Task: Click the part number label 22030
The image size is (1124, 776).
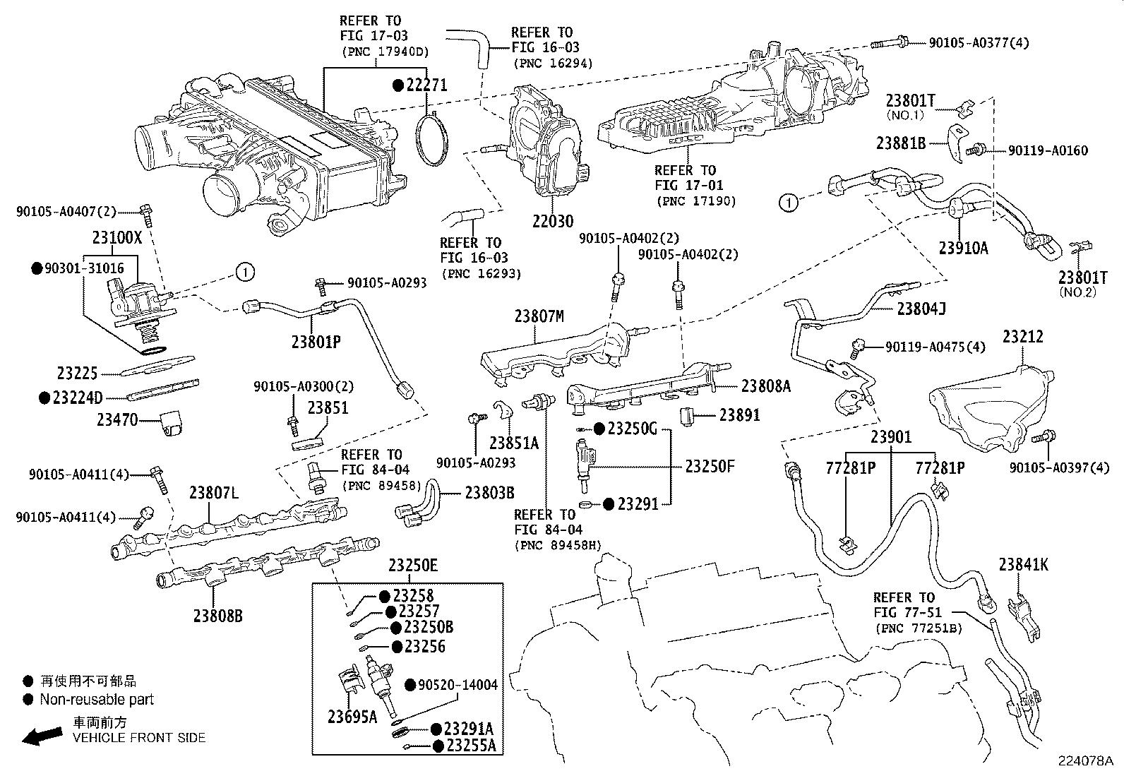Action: pos(553,221)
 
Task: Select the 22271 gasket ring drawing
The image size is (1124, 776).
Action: pos(432,141)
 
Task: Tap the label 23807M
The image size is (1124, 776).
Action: pos(539,317)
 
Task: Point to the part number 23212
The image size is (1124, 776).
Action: pos(1023,338)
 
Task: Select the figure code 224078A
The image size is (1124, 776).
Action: pos(1084,761)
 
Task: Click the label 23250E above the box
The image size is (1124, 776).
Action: pos(413,566)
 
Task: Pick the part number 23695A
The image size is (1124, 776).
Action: pos(352,717)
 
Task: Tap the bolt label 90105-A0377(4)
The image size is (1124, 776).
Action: pos(979,43)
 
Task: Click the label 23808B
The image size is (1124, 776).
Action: pos(217,616)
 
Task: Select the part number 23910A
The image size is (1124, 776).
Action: pos(964,248)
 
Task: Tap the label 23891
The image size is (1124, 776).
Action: pos(739,415)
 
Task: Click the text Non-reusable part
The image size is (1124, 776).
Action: pos(97,700)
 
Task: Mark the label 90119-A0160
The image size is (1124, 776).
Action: pos(1048,150)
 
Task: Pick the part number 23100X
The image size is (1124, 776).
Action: pos(117,238)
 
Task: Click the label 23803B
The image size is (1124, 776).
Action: pos(489,493)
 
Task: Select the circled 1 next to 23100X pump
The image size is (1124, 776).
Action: pos(244,271)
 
